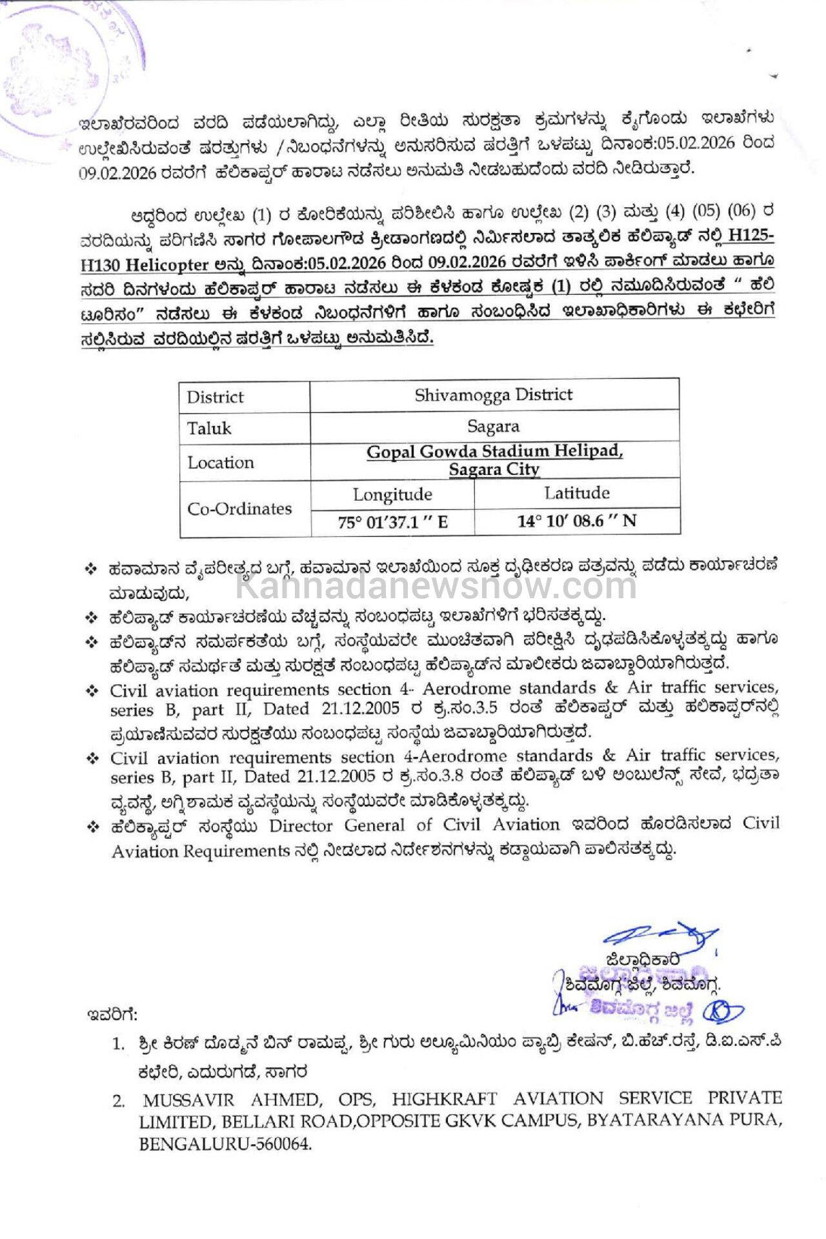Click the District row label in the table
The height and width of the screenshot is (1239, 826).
215,397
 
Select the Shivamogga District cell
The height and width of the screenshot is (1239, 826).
494,395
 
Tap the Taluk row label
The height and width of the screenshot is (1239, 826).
208,428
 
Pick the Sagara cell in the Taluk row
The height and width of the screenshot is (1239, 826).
494,427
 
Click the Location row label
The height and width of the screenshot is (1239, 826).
220,463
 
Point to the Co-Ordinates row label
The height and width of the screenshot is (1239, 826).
239,509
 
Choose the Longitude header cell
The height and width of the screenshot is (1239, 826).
392,495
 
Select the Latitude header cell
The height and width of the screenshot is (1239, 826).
576,494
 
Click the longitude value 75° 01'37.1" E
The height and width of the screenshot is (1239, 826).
392,522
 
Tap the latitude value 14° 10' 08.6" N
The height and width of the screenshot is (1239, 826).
576,521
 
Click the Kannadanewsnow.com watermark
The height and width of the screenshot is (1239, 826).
436,586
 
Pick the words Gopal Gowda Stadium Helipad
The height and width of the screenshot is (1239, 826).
494,452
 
